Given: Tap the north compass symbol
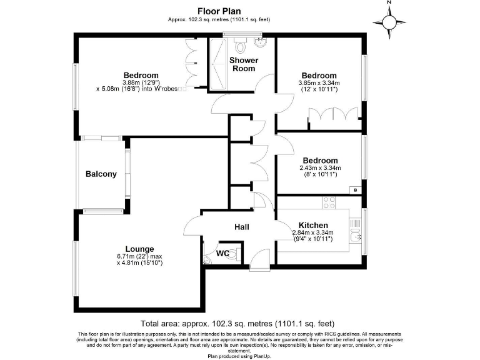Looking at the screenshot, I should tap(389, 21).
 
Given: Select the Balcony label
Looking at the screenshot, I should tap(101, 174).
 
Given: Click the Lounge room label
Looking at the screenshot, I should tap(139, 248).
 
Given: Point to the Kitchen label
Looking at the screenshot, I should tap(313, 225).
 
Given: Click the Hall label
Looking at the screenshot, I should tap(242, 227).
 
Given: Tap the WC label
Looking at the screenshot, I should tap(222, 254).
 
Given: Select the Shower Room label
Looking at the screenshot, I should tap(244, 64).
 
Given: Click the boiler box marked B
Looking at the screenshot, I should tap(355, 190).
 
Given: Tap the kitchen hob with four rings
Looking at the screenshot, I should tap(329, 203).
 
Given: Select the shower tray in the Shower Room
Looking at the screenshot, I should tap(218, 62).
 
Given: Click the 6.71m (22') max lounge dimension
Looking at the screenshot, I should tap(139, 256).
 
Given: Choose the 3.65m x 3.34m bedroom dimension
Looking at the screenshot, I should tap(319, 82).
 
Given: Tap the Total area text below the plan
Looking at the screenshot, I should tap(238, 324).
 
